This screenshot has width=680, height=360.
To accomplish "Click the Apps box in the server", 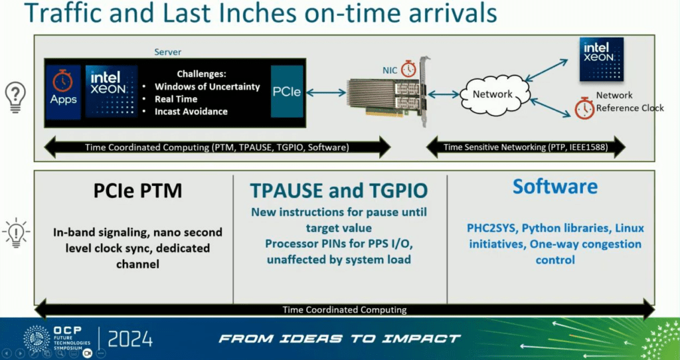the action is click(x=63, y=92).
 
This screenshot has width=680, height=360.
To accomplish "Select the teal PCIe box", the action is click(x=287, y=92).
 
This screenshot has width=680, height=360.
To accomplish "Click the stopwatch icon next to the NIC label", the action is click(x=408, y=69).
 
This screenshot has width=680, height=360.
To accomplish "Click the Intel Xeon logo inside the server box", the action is click(x=112, y=92).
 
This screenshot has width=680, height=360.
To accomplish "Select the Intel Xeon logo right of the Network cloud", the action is click(x=602, y=59).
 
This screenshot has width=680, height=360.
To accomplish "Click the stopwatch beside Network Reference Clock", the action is click(x=584, y=108).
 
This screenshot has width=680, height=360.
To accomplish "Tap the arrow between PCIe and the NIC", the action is click(x=325, y=92).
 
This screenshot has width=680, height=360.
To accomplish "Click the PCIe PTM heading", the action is click(x=137, y=191).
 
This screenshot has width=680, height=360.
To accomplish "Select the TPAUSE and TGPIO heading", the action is click(x=339, y=191).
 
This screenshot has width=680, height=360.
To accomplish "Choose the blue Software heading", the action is click(x=555, y=187).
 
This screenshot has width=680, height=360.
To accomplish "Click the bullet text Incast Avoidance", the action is click(x=191, y=112).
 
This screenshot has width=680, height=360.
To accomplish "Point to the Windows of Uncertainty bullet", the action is click(x=207, y=87).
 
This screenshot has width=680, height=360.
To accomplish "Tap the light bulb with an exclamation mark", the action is click(x=16, y=232).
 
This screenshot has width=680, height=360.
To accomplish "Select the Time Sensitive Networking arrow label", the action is click(x=526, y=147).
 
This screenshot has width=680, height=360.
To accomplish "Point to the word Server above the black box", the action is click(x=168, y=52).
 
